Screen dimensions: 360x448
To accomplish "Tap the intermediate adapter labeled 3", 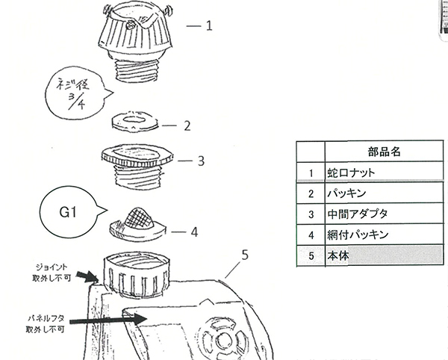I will [138, 165].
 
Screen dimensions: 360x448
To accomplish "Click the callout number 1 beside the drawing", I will [210, 26].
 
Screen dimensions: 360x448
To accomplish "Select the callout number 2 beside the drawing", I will [188, 125].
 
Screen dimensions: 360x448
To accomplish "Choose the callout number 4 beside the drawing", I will [193, 232].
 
